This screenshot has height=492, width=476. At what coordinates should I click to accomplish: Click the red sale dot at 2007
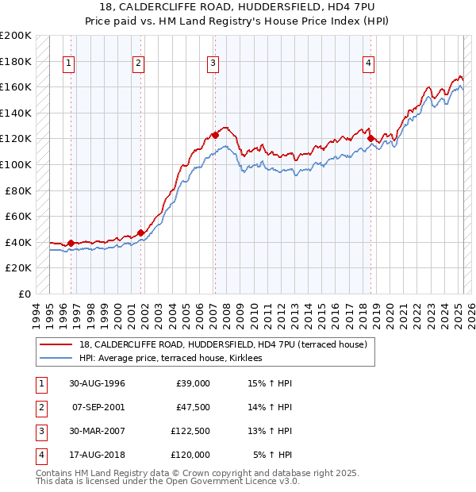[x=215, y=135]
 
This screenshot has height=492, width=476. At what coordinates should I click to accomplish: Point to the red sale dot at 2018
[x=370, y=138]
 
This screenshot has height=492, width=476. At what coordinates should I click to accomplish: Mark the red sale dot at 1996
[x=71, y=243]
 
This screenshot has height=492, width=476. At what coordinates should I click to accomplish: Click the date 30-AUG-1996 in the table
[x=98, y=383]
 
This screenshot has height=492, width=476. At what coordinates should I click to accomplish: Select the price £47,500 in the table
[x=193, y=406]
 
